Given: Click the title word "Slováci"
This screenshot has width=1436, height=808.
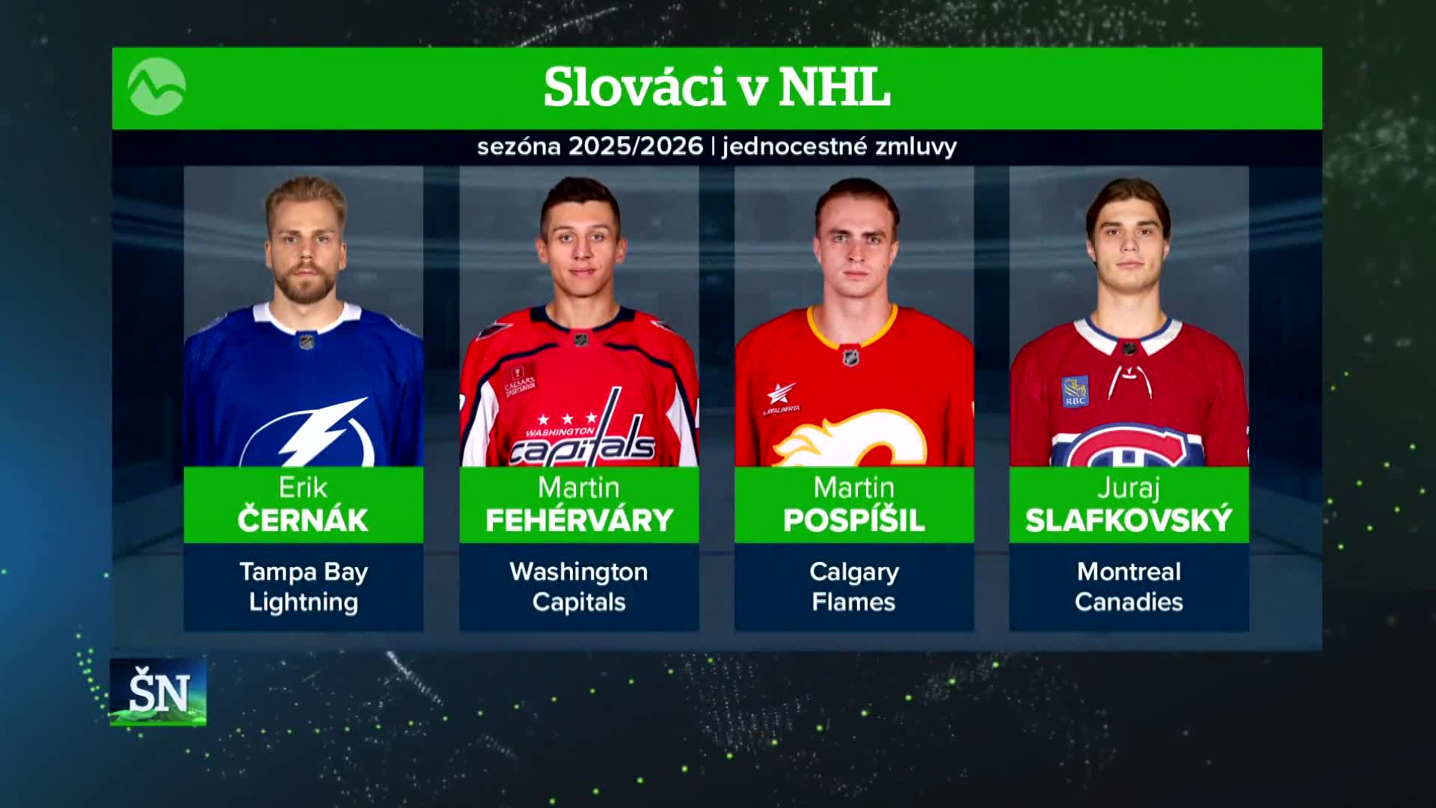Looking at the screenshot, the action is point(634,88).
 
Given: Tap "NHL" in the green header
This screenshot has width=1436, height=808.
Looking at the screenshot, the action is point(835,88).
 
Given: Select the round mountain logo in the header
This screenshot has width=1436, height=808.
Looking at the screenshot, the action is point(156,87).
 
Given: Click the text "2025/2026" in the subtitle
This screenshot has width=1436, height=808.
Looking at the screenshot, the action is point(636,146).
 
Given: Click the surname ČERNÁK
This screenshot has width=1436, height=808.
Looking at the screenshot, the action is point(303,519).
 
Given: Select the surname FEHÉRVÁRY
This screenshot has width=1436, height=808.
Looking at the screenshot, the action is point(579,520).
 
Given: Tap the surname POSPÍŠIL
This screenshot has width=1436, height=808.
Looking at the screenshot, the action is point(854,520).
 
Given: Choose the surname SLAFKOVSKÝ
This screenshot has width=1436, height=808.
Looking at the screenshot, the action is point(1129,520).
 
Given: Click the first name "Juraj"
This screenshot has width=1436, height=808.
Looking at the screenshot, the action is point(1129,489).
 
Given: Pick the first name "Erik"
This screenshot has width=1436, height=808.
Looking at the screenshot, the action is point(303,488).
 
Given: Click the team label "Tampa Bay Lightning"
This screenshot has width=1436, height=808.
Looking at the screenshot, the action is point(304,587).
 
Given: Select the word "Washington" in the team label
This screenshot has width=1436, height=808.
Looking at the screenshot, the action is point(579,572).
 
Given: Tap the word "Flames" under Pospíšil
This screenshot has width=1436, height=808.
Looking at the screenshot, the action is point(854,602).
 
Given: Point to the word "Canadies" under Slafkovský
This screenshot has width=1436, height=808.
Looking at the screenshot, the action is point(1129,602).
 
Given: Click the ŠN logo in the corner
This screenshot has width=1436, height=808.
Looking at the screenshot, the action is point(159,692).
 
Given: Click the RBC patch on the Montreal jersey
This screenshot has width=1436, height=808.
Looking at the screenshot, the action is point(1075,391).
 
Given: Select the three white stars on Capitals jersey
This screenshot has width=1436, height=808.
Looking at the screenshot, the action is point(568,419).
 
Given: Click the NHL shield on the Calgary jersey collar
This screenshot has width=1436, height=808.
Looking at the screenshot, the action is point(850,357).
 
